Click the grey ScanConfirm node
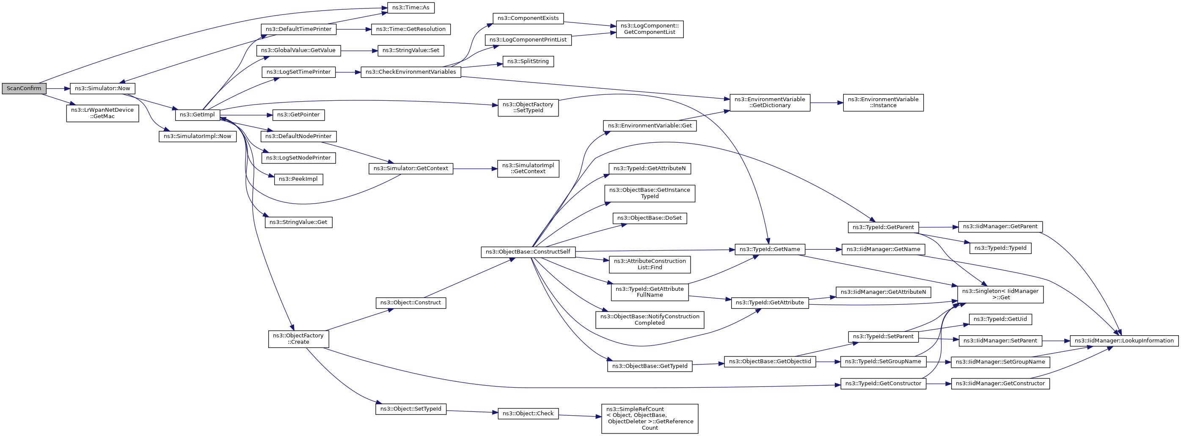[24, 88]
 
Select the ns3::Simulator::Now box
[102, 88]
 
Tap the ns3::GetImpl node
[197, 115]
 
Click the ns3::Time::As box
[410, 8]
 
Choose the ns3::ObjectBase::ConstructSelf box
[528, 252]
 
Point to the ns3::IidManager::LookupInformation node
[1124, 341]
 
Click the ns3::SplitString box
[528, 61]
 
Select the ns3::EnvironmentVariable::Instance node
[883, 102]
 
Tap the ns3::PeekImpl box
[298, 179]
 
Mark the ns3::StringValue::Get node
[298, 222]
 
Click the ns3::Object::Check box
[528, 414]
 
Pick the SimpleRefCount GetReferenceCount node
[649, 419]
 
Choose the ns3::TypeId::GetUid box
[1000, 319]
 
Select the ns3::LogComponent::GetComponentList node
[649, 29]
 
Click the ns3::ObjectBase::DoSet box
[649, 218]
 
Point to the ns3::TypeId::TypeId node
[1000, 248]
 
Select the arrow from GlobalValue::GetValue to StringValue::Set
[359, 50]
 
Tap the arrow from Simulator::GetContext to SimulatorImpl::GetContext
[475, 169]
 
